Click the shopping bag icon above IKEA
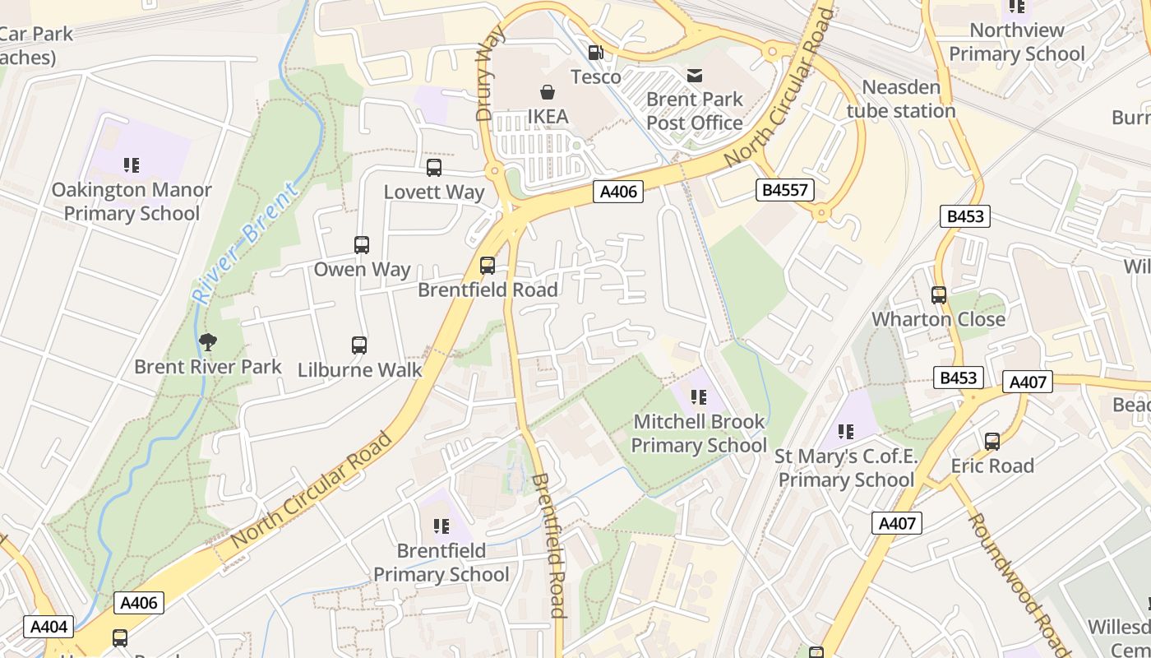coord(547,92)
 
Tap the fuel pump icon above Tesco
coord(595,53)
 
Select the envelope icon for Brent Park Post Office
coord(695,76)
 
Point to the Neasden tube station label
coord(901,99)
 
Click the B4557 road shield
coord(784,191)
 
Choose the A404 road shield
coord(49,627)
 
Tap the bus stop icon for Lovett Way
coord(434,168)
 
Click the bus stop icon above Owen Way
coord(362,245)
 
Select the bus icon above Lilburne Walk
coord(359,345)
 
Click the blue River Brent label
coord(244,244)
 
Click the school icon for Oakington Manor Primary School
coord(132,166)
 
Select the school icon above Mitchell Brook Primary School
coord(699,398)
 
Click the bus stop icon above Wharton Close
coord(939,295)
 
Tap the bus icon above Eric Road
coord(992,442)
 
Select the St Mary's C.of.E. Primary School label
coord(847,468)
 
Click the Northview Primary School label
coord(1017,42)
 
